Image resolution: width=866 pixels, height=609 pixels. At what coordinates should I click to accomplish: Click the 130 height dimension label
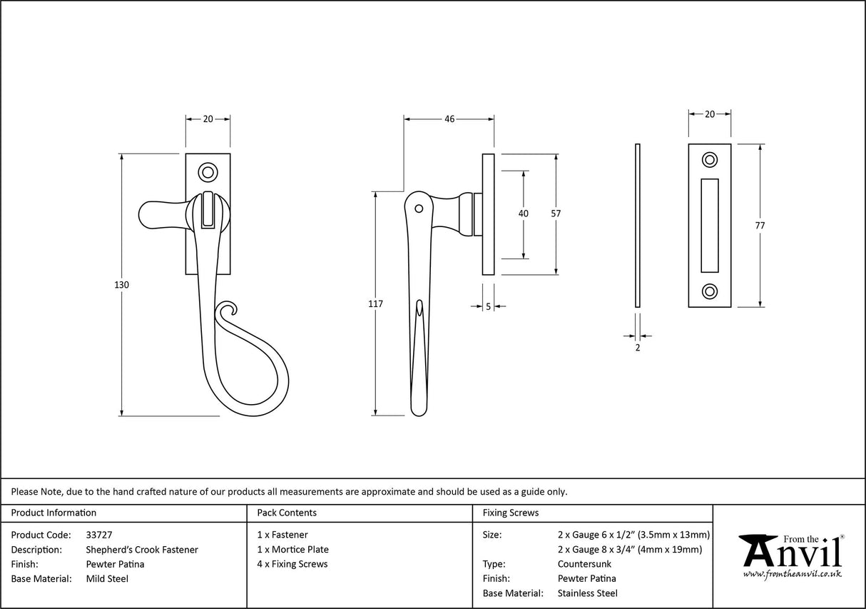[x=121, y=285]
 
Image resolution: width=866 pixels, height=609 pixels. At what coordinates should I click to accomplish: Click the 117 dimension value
[x=375, y=303]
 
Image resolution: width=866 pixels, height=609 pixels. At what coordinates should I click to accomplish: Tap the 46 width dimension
[x=449, y=119]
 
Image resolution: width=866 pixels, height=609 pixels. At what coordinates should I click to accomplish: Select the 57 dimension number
[x=556, y=213]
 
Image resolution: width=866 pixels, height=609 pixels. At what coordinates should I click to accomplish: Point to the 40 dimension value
[x=524, y=213]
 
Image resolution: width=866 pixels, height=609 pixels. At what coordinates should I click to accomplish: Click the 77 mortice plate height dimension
[x=760, y=226]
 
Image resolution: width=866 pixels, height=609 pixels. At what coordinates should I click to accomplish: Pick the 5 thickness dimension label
[x=488, y=306]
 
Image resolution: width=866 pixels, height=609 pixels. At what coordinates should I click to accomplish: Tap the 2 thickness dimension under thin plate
[x=637, y=348]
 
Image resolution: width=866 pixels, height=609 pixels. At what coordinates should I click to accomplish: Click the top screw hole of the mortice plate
[x=710, y=159]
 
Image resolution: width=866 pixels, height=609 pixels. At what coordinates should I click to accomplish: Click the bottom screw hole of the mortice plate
[x=710, y=291]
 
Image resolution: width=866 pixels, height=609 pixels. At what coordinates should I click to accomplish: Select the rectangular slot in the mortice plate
[x=710, y=225]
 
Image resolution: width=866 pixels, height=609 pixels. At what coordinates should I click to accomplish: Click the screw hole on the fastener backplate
[x=208, y=171]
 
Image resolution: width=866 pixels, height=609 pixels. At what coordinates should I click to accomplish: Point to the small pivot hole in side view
[x=419, y=209]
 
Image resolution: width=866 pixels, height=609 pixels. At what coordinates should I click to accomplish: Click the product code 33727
[x=98, y=535]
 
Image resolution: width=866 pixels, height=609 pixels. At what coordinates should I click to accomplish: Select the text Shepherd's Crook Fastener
[x=142, y=550]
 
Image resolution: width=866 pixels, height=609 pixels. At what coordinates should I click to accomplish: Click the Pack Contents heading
[x=287, y=513]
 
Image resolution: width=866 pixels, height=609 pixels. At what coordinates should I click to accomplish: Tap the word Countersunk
[x=584, y=564]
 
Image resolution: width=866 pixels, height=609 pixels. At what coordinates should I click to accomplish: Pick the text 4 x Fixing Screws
[x=292, y=564]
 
